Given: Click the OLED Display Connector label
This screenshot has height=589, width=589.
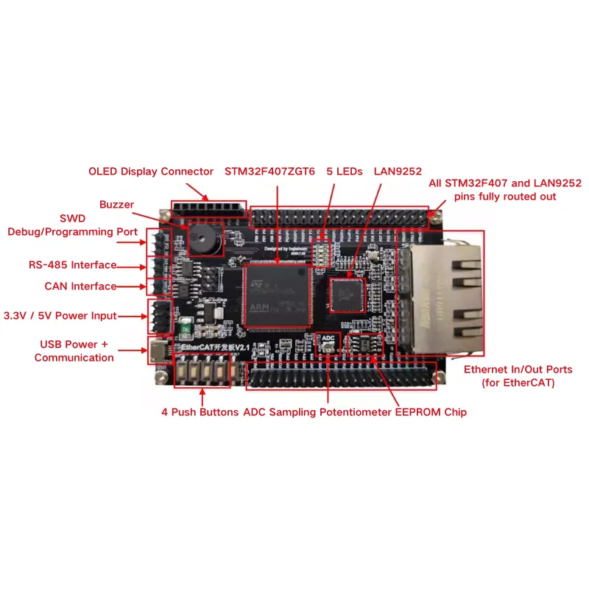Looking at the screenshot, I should coord(151,172).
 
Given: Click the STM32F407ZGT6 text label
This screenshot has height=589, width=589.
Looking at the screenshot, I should coord(270,172).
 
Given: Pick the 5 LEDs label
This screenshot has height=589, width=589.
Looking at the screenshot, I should coord(345,172).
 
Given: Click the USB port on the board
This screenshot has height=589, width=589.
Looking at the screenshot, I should coord(158,351).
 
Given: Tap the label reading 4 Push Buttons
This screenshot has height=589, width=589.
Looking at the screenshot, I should coord(200,412).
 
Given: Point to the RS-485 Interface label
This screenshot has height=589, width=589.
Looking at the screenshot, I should coord(73,265).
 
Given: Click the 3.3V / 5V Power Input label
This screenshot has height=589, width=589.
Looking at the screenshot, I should coord(60,316).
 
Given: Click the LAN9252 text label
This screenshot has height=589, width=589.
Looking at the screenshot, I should coord(398,172).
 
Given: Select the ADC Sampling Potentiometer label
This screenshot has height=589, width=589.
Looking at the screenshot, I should coord(317,412).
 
